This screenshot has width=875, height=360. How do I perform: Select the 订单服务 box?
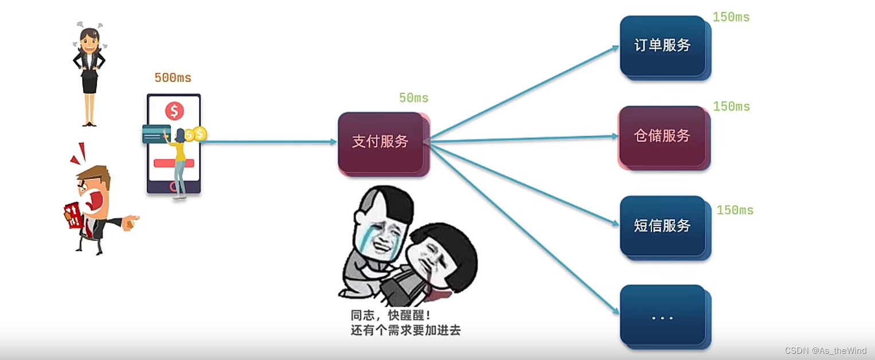(x=663, y=46)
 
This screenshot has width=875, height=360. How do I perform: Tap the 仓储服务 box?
(x=663, y=136)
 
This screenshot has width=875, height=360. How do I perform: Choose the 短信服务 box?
(x=663, y=226)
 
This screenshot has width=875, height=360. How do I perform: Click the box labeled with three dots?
(x=663, y=316)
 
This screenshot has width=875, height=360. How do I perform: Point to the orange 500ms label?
(x=173, y=78)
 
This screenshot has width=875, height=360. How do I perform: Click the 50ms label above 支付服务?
(x=413, y=98)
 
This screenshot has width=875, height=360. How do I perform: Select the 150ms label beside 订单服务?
(x=731, y=17)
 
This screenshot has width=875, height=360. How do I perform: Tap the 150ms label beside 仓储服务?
(x=731, y=107)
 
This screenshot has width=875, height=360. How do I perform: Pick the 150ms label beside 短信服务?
(x=735, y=210)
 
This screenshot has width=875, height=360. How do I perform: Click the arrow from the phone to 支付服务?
(x=269, y=142)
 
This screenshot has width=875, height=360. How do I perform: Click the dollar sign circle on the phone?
(x=174, y=111)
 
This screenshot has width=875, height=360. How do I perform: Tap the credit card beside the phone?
(x=155, y=134)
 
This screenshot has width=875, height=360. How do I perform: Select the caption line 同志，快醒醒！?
(x=390, y=316)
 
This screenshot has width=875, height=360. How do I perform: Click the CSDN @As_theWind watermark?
(x=825, y=351)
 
